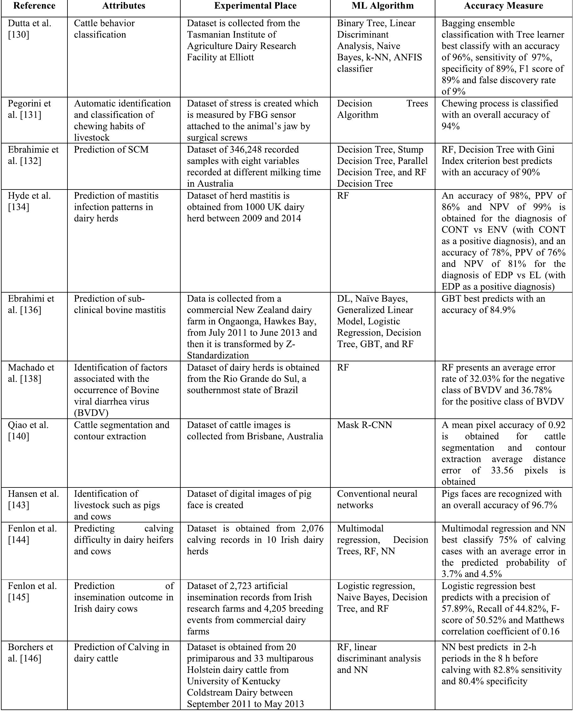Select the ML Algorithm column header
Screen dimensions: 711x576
tap(382, 6)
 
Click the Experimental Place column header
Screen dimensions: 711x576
tap(255, 6)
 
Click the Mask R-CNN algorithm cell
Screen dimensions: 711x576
tap(364, 425)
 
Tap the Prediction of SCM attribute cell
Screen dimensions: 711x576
tap(111, 150)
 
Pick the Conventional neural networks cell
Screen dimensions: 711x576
tap(377, 499)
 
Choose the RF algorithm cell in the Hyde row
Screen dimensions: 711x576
tap(343, 196)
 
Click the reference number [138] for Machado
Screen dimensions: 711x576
tap(30, 379)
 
